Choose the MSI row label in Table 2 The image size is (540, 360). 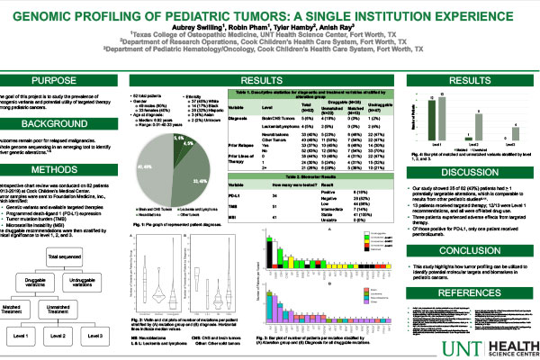coord(231,242)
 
